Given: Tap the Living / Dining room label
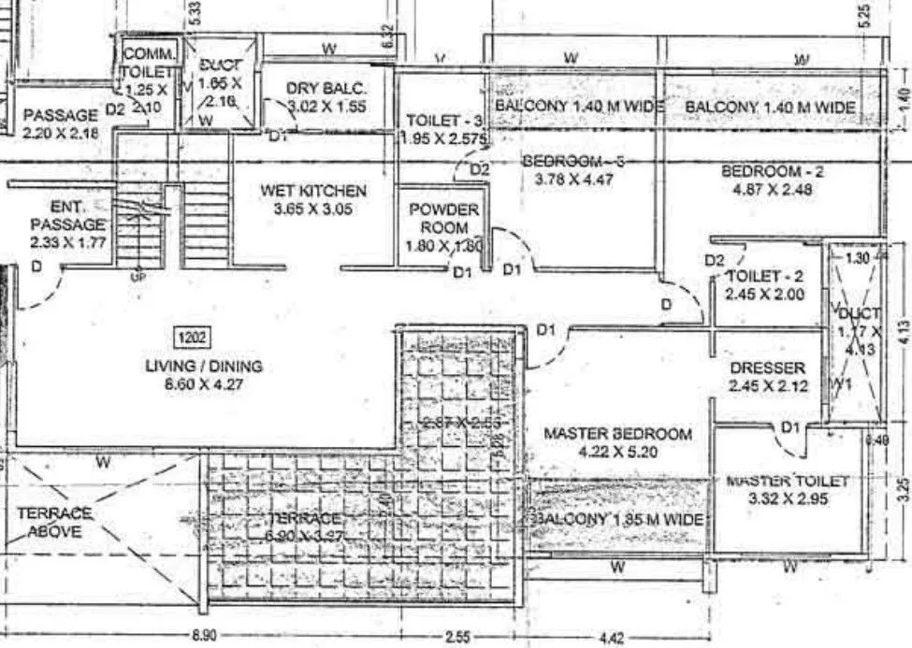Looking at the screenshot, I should point(204,366).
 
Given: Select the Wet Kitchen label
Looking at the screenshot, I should point(313,191).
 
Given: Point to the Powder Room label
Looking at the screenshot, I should point(443,218).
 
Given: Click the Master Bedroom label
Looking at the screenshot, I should point(618,434).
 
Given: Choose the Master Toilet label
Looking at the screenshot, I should point(788,481).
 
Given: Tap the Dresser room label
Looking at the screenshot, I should point(767,368).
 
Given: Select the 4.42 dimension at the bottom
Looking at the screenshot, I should point(609,638).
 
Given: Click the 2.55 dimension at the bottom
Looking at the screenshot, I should point(458,637).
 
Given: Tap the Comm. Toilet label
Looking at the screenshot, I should point(148,63).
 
